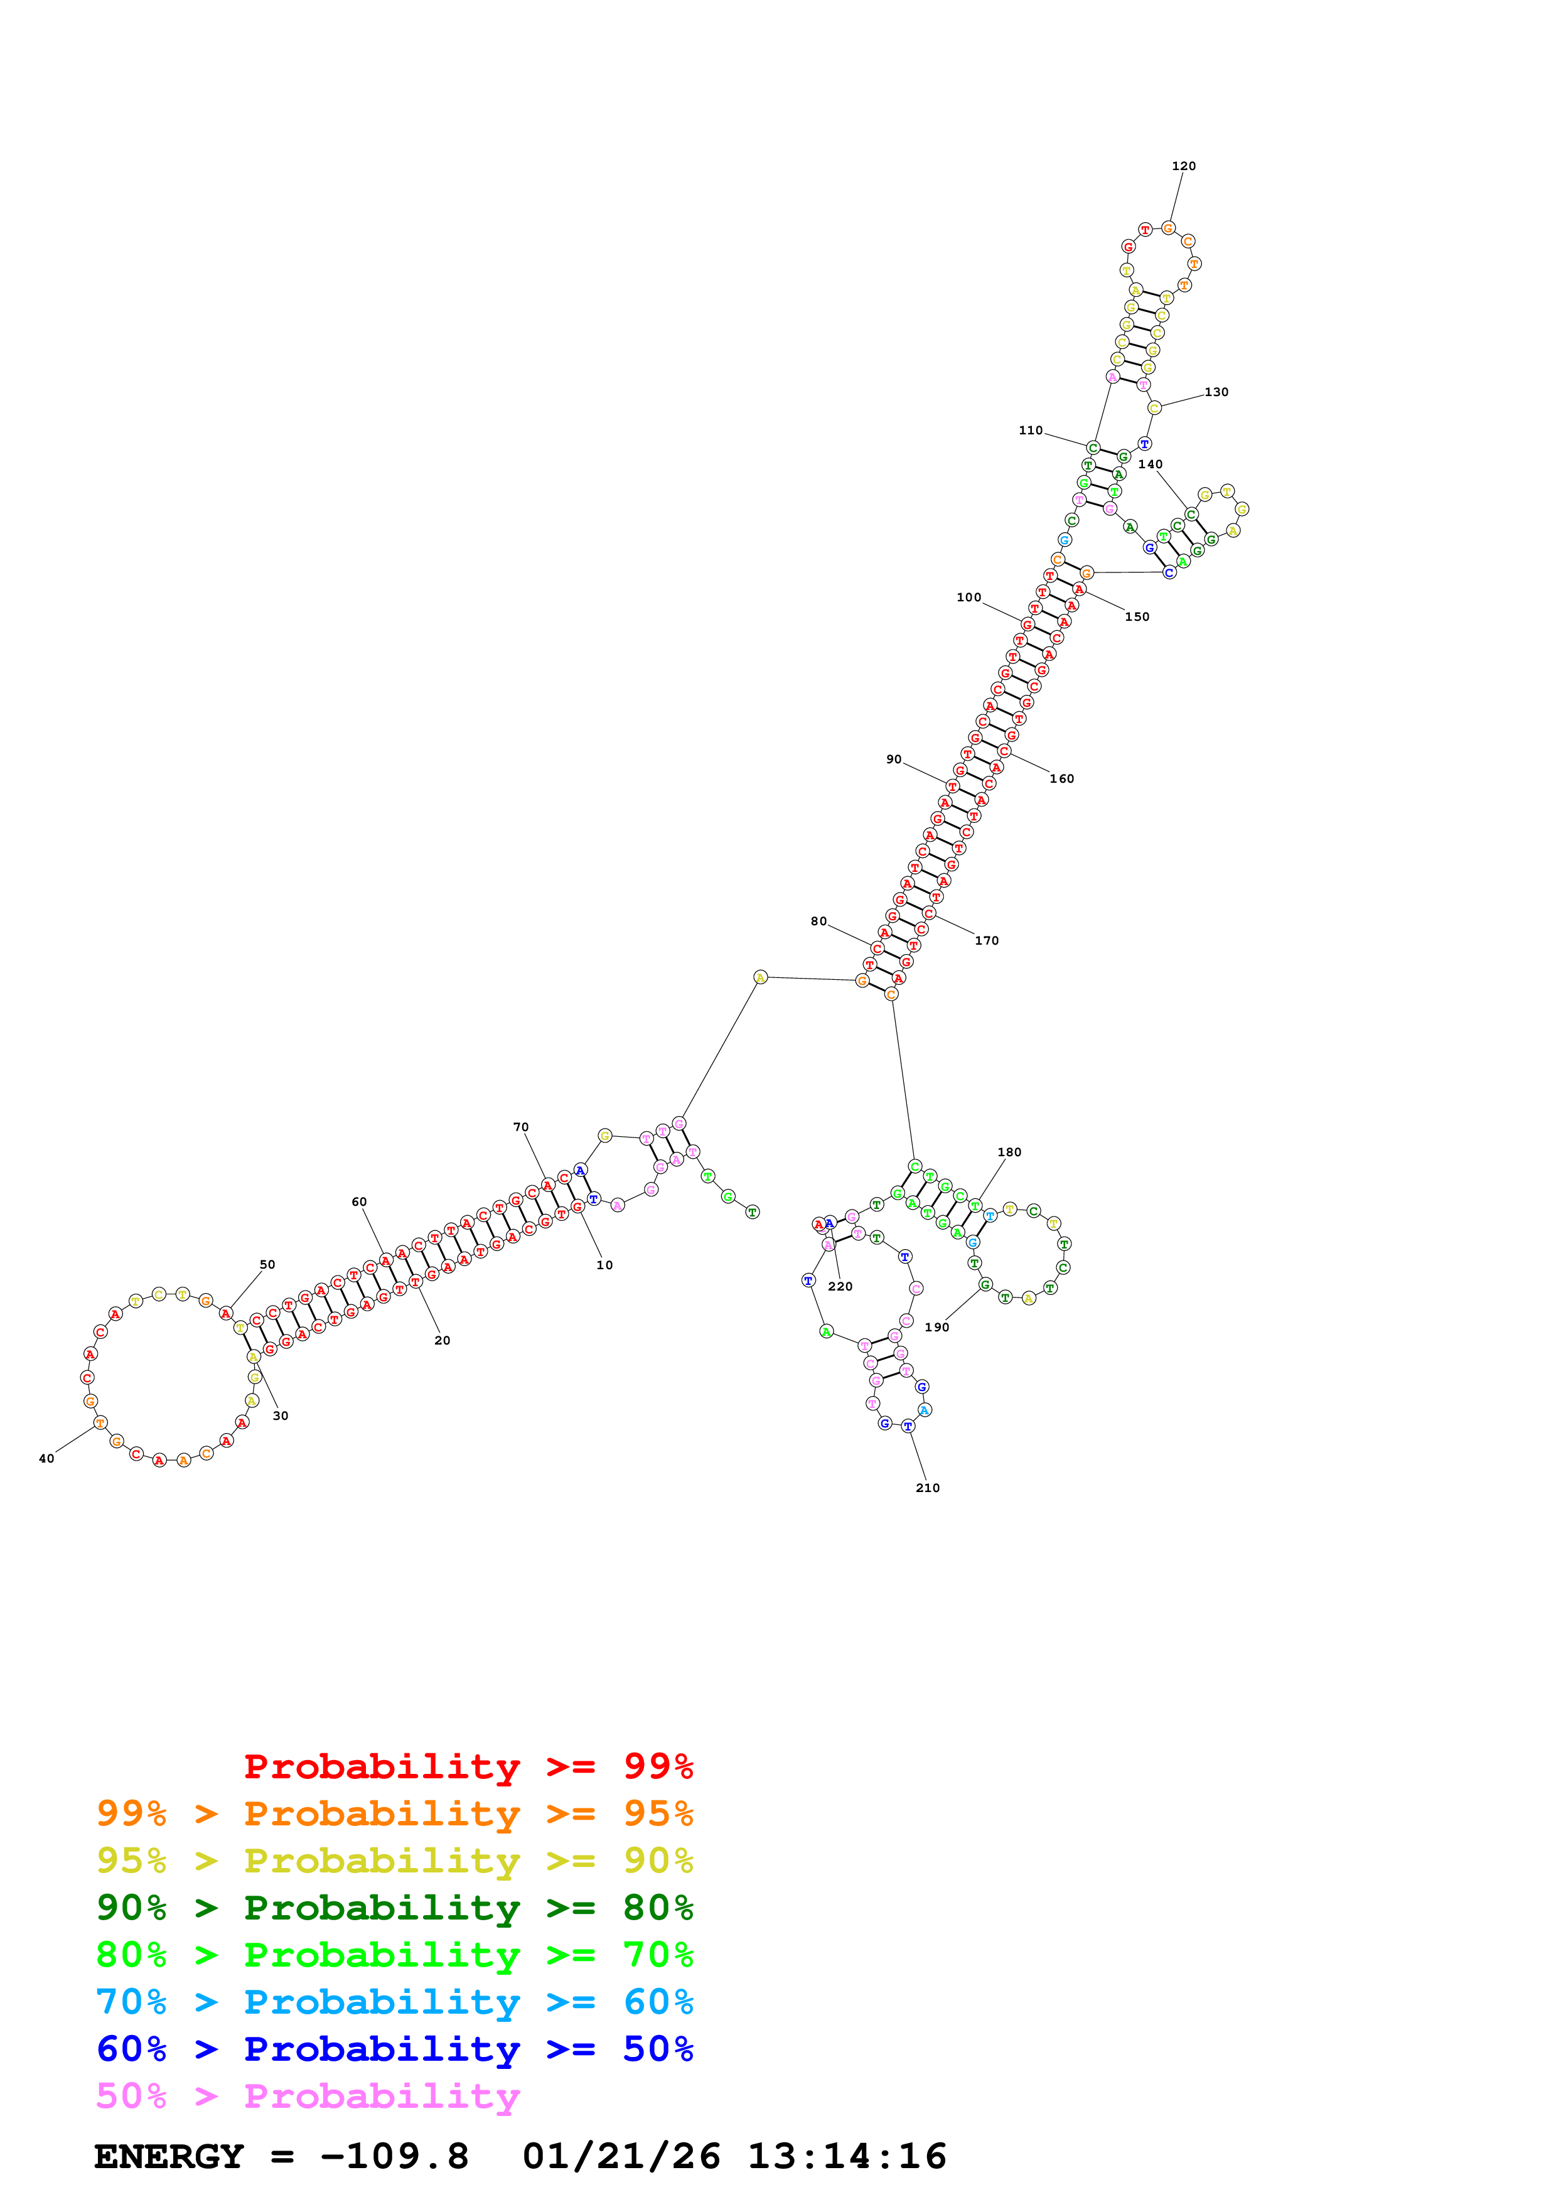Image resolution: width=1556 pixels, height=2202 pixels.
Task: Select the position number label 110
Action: click(x=1031, y=431)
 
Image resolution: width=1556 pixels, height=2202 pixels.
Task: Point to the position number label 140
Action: click(x=1151, y=464)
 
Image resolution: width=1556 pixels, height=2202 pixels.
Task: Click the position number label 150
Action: click(x=1137, y=616)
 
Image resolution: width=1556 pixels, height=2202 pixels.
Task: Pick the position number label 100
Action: click(x=968, y=598)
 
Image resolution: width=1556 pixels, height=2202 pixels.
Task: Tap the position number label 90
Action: click(x=894, y=760)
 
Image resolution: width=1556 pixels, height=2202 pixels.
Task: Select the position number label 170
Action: click(x=987, y=941)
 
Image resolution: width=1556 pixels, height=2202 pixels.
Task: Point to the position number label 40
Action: click(x=46, y=1459)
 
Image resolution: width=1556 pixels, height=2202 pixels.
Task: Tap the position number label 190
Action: click(x=936, y=1328)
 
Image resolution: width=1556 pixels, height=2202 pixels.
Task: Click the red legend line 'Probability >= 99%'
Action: click(x=468, y=1766)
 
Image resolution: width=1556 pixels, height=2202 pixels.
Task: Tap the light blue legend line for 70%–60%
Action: click(x=394, y=2002)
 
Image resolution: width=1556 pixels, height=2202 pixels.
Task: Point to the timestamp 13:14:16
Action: click(x=847, y=2157)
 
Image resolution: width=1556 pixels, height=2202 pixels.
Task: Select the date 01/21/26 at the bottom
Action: click(x=621, y=2157)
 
